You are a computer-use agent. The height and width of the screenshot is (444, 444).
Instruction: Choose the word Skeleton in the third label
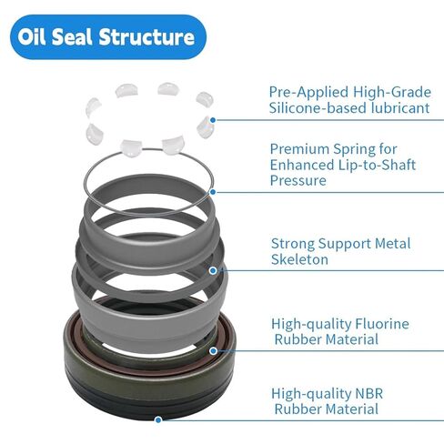(x=299, y=259)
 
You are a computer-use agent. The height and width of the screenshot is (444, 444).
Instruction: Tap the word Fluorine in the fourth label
(x=378, y=323)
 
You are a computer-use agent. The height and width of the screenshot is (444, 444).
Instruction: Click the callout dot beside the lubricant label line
(x=213, y=119)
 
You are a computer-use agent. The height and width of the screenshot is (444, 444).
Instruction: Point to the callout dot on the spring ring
(x=213, y=191)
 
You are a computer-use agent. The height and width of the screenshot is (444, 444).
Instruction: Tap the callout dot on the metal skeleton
(x=213, y=269)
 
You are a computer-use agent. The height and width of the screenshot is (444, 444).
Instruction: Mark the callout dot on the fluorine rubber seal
(x=213, y=349)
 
